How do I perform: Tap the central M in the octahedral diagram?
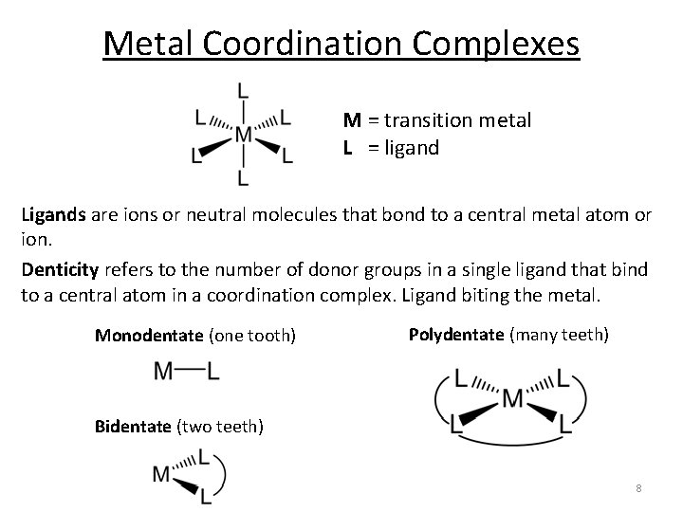(243, 135)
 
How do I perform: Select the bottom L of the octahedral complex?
(243, 177)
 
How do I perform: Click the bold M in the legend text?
(352, 120)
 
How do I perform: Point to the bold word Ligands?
(53, 216)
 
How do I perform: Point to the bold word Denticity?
(59, 270)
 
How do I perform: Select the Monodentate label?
(149, 335)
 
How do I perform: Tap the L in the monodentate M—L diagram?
(212, 373)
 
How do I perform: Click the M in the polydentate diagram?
(513, 397)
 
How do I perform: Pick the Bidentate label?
(135, 426)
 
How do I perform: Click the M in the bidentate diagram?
(161, 473)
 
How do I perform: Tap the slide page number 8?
(638, 488)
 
